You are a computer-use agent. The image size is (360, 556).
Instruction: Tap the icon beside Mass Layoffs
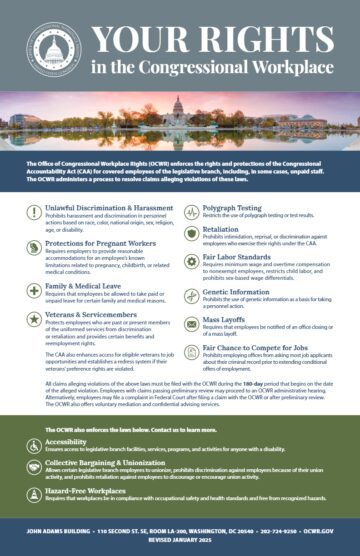(193, 322)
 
